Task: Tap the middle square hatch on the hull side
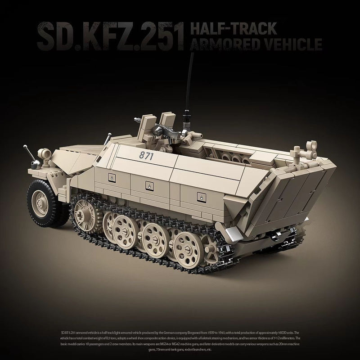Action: pos(147,184)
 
